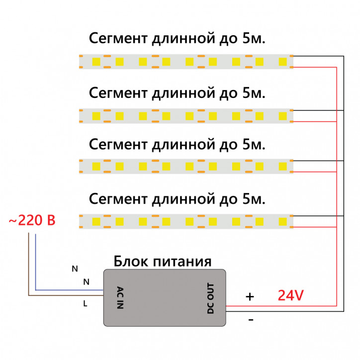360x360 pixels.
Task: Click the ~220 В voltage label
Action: tap(32, 220)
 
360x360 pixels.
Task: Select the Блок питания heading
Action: tap(163, 261)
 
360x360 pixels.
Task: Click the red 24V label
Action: tap(290, 296)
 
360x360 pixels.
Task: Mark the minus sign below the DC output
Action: tap(251, 320)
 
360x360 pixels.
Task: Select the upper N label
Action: tap(75, 269)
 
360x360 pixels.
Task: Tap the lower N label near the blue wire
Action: tap(86, 282)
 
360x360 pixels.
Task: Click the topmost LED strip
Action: tap(186, 61)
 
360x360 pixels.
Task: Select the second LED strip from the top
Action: tap(186, 116)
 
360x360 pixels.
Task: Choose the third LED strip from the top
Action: tap(186, 166)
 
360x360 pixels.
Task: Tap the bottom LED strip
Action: tap(186, 220)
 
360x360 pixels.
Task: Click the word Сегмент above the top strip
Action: tap(117, 39)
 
